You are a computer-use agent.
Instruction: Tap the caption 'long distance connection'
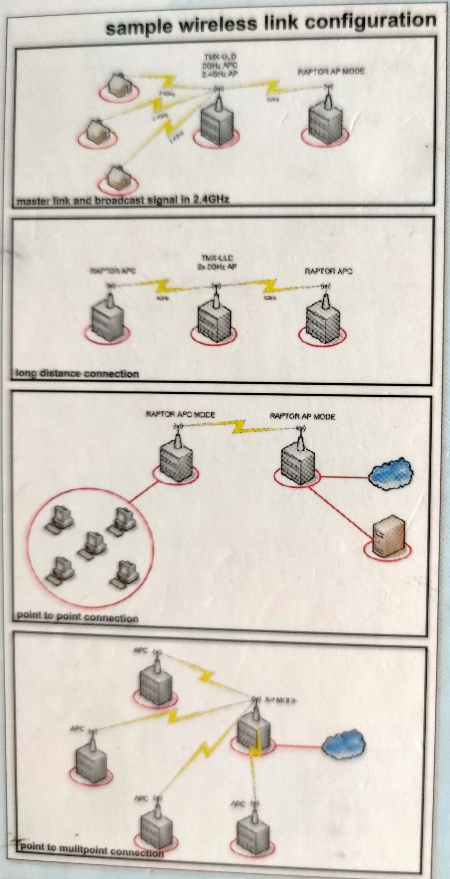tap(77, 374)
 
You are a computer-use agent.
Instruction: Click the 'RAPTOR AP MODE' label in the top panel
tap(331, 71)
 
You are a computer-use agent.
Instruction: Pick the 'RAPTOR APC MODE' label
tap(180, 415)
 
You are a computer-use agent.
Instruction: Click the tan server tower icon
tap(388, 537)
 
